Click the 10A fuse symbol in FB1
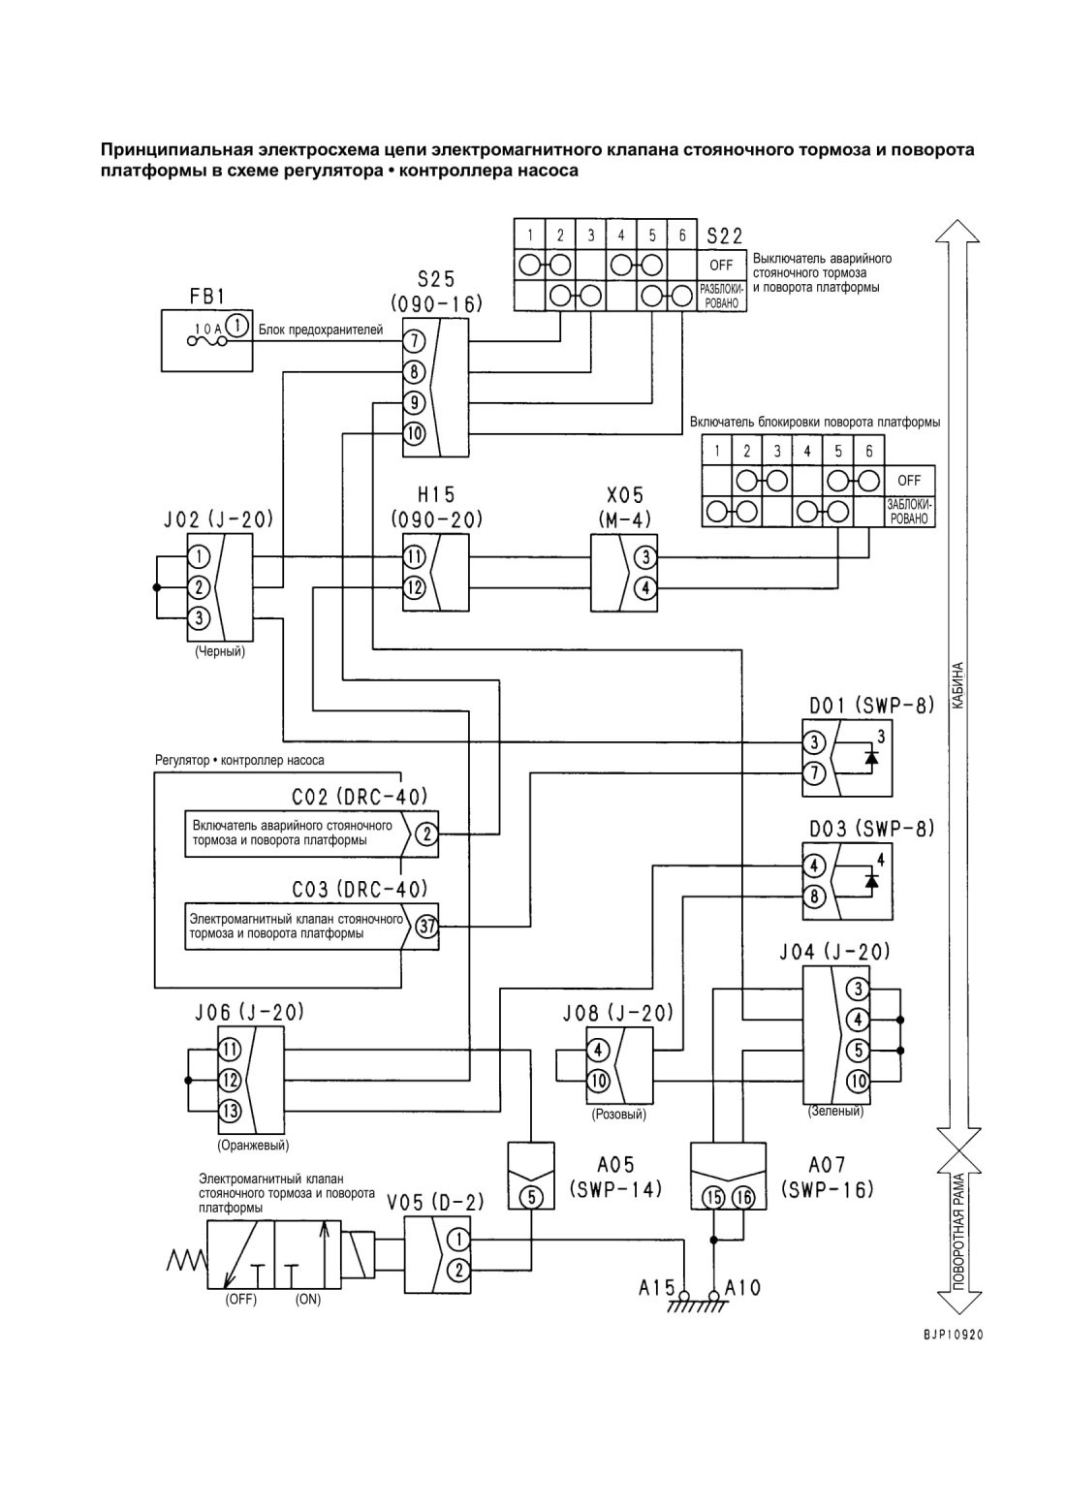207,342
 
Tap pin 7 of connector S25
414,342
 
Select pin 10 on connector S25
414,433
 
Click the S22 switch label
725,236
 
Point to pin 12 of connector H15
414,588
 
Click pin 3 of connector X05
645,557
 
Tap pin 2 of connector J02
198,587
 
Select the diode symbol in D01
871,757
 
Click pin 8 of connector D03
813,897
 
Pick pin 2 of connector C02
426,834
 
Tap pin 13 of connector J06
230,1111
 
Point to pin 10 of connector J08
598,1081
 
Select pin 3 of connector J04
858,990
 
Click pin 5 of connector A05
531,1197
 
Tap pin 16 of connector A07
743,1197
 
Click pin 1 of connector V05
459,1239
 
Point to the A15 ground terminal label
656,1287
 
